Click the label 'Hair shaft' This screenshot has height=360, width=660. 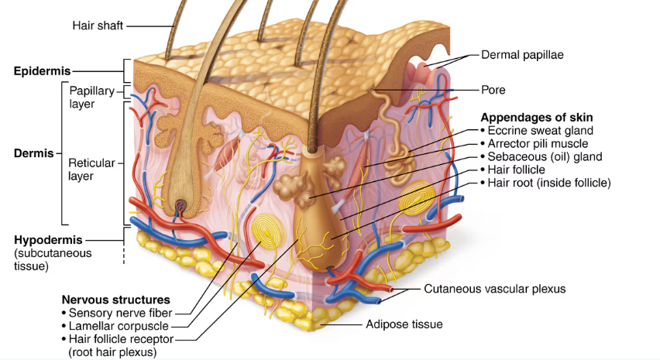[98, 26]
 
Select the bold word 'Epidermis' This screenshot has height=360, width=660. [42, 70]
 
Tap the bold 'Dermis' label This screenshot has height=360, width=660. [33, 153]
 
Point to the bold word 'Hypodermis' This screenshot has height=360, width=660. [48, 240]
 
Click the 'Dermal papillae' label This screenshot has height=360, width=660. [522, 55]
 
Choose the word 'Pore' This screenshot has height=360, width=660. [493, 90]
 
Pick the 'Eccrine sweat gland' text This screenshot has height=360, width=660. [541, 130]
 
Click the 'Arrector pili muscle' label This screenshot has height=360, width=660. [538, 143]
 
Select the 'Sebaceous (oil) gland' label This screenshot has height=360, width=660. [545, 156]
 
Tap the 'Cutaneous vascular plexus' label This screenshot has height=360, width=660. [494, 289]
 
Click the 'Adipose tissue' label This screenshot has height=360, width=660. [404, 324]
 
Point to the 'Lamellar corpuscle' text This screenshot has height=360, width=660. [119, 326]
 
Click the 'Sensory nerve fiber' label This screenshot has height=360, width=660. [120, 313]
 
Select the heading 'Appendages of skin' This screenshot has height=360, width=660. [537, 118]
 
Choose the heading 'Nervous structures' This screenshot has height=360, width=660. [115, 300]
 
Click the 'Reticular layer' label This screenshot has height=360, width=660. [91, 169]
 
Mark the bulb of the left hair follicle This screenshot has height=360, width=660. [181, 207]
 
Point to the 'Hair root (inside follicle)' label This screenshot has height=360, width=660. [549, 183]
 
